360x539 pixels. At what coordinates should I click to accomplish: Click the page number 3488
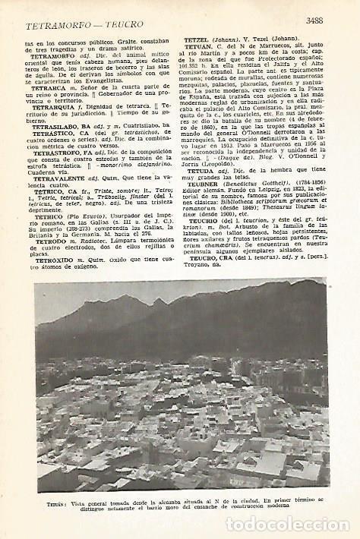(x=318, y=21)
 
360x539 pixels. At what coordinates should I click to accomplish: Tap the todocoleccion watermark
(x=288, y=524)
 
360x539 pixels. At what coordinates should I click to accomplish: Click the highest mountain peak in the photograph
(x=159, y=301)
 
